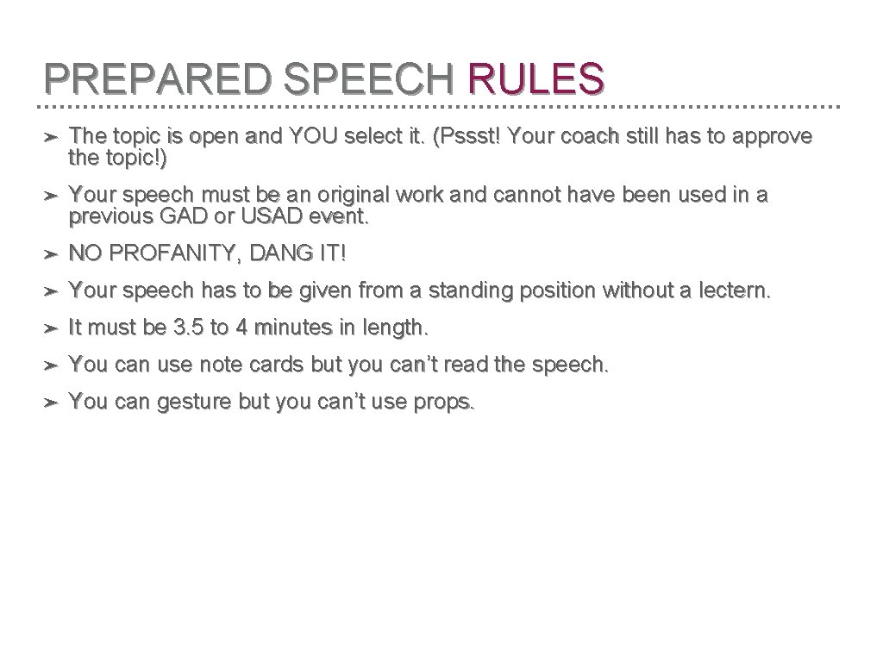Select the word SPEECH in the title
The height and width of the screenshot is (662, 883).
[369, 78]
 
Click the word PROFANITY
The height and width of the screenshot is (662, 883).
[172, 254]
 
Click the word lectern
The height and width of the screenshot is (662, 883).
[735, 291]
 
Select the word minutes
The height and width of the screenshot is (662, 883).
[285, 328]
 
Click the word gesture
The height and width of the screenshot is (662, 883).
[188, 403]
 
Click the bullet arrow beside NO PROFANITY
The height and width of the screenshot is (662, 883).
[52, 254]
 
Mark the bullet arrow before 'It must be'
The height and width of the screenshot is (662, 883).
[52, 328]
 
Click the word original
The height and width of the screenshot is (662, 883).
[337, 196]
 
